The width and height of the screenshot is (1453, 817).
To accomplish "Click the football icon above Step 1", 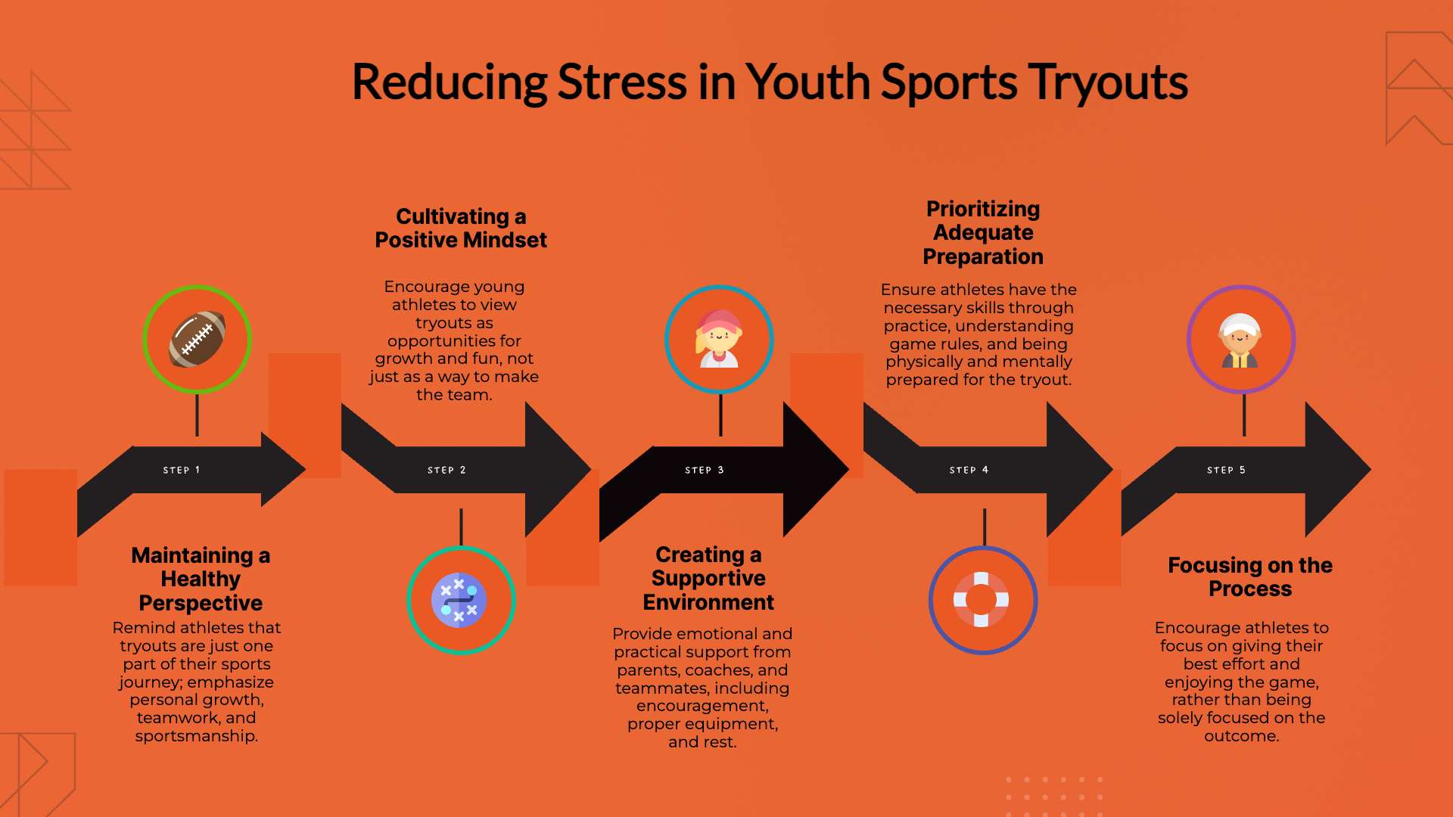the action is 197,339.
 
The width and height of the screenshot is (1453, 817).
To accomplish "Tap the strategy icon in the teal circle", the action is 459,601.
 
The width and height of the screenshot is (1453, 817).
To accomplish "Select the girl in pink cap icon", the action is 719,338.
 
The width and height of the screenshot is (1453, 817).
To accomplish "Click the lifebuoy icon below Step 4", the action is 982,600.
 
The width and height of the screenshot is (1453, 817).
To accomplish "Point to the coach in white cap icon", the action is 1240,340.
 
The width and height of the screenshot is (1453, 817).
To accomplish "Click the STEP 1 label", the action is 182,470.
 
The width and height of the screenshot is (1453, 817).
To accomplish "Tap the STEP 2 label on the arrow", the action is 446,470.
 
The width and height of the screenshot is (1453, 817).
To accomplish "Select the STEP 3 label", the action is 705,470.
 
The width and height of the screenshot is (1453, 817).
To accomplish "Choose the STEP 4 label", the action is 969,470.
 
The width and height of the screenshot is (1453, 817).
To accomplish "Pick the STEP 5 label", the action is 1226,470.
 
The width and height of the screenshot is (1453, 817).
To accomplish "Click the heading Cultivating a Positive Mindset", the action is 461,228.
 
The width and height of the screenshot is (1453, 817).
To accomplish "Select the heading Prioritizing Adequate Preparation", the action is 983,232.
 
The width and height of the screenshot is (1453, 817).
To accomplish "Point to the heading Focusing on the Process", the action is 1250,576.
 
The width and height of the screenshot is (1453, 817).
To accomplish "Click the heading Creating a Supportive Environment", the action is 708,578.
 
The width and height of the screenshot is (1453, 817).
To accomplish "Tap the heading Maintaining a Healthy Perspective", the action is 201,579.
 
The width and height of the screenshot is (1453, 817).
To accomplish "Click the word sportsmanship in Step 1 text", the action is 197,736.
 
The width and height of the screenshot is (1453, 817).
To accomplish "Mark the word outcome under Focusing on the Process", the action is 1241,736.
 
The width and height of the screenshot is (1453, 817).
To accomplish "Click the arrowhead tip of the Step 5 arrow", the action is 1371,470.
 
